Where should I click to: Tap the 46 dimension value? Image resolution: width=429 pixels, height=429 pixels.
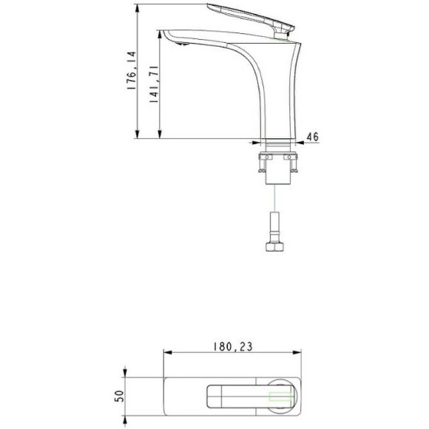[x=312, y=136]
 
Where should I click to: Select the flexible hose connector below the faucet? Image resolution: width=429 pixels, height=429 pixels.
[x=274, y=224]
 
